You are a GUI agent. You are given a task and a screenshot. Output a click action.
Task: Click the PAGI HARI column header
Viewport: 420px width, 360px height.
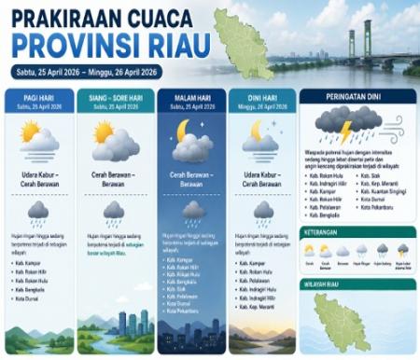pos(38,97)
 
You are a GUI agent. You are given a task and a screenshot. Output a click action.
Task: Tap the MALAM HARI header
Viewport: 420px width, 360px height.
pos(191,97)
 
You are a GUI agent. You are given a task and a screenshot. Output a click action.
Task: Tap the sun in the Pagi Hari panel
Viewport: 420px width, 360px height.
pos(29,131)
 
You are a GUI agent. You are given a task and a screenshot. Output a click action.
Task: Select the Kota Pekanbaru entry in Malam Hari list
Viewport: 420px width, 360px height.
pos(183,312)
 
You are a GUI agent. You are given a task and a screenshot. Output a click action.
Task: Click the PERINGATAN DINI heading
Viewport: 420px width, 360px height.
pos(357,96)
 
